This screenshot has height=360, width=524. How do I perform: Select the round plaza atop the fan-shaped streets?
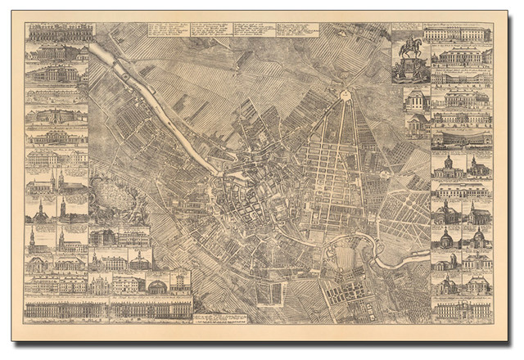coord(345,96)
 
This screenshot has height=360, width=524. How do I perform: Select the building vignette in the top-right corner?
coord(458,34)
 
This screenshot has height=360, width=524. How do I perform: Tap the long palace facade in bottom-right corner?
coord(463,309)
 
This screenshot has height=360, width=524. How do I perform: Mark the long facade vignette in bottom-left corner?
coord(65,308)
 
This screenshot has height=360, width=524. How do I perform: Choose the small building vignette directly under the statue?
coord(416,99)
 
